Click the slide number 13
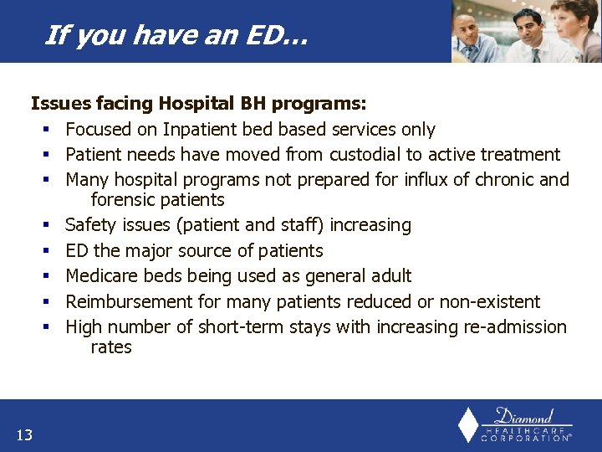(x=23, y=434)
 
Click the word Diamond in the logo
(x=523, y=416)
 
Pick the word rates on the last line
(x=111, y=347)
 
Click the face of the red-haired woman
(x=579, y=20)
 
